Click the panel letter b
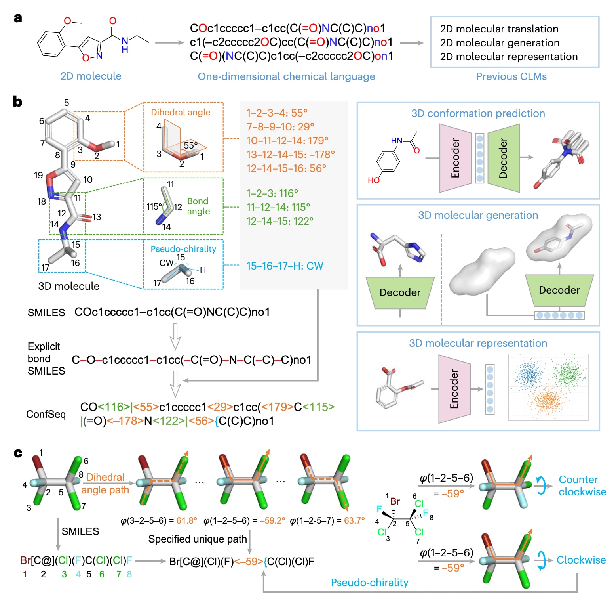coord(17,101)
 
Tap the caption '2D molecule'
coord(91,76)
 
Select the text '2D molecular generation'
coord(500,43)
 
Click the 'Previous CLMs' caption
coord(511,76)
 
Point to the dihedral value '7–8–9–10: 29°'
coord(280,127)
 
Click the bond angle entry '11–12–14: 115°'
coord(278,207)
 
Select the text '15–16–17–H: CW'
coord(285,266)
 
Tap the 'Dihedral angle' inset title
coord(181,112)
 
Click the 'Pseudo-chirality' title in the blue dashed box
coord(183,249)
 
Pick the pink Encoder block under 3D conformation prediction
coord(455,158)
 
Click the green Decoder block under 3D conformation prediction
coord(504,158)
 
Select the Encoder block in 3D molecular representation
coord(454,389)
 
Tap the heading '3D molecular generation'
coord(478,215)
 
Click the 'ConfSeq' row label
coord(46,414)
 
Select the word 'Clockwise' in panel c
coord(581,560)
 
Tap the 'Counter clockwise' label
coord(582,485)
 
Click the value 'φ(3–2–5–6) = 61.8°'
coord(159,520)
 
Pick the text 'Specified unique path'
coord(198,539)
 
